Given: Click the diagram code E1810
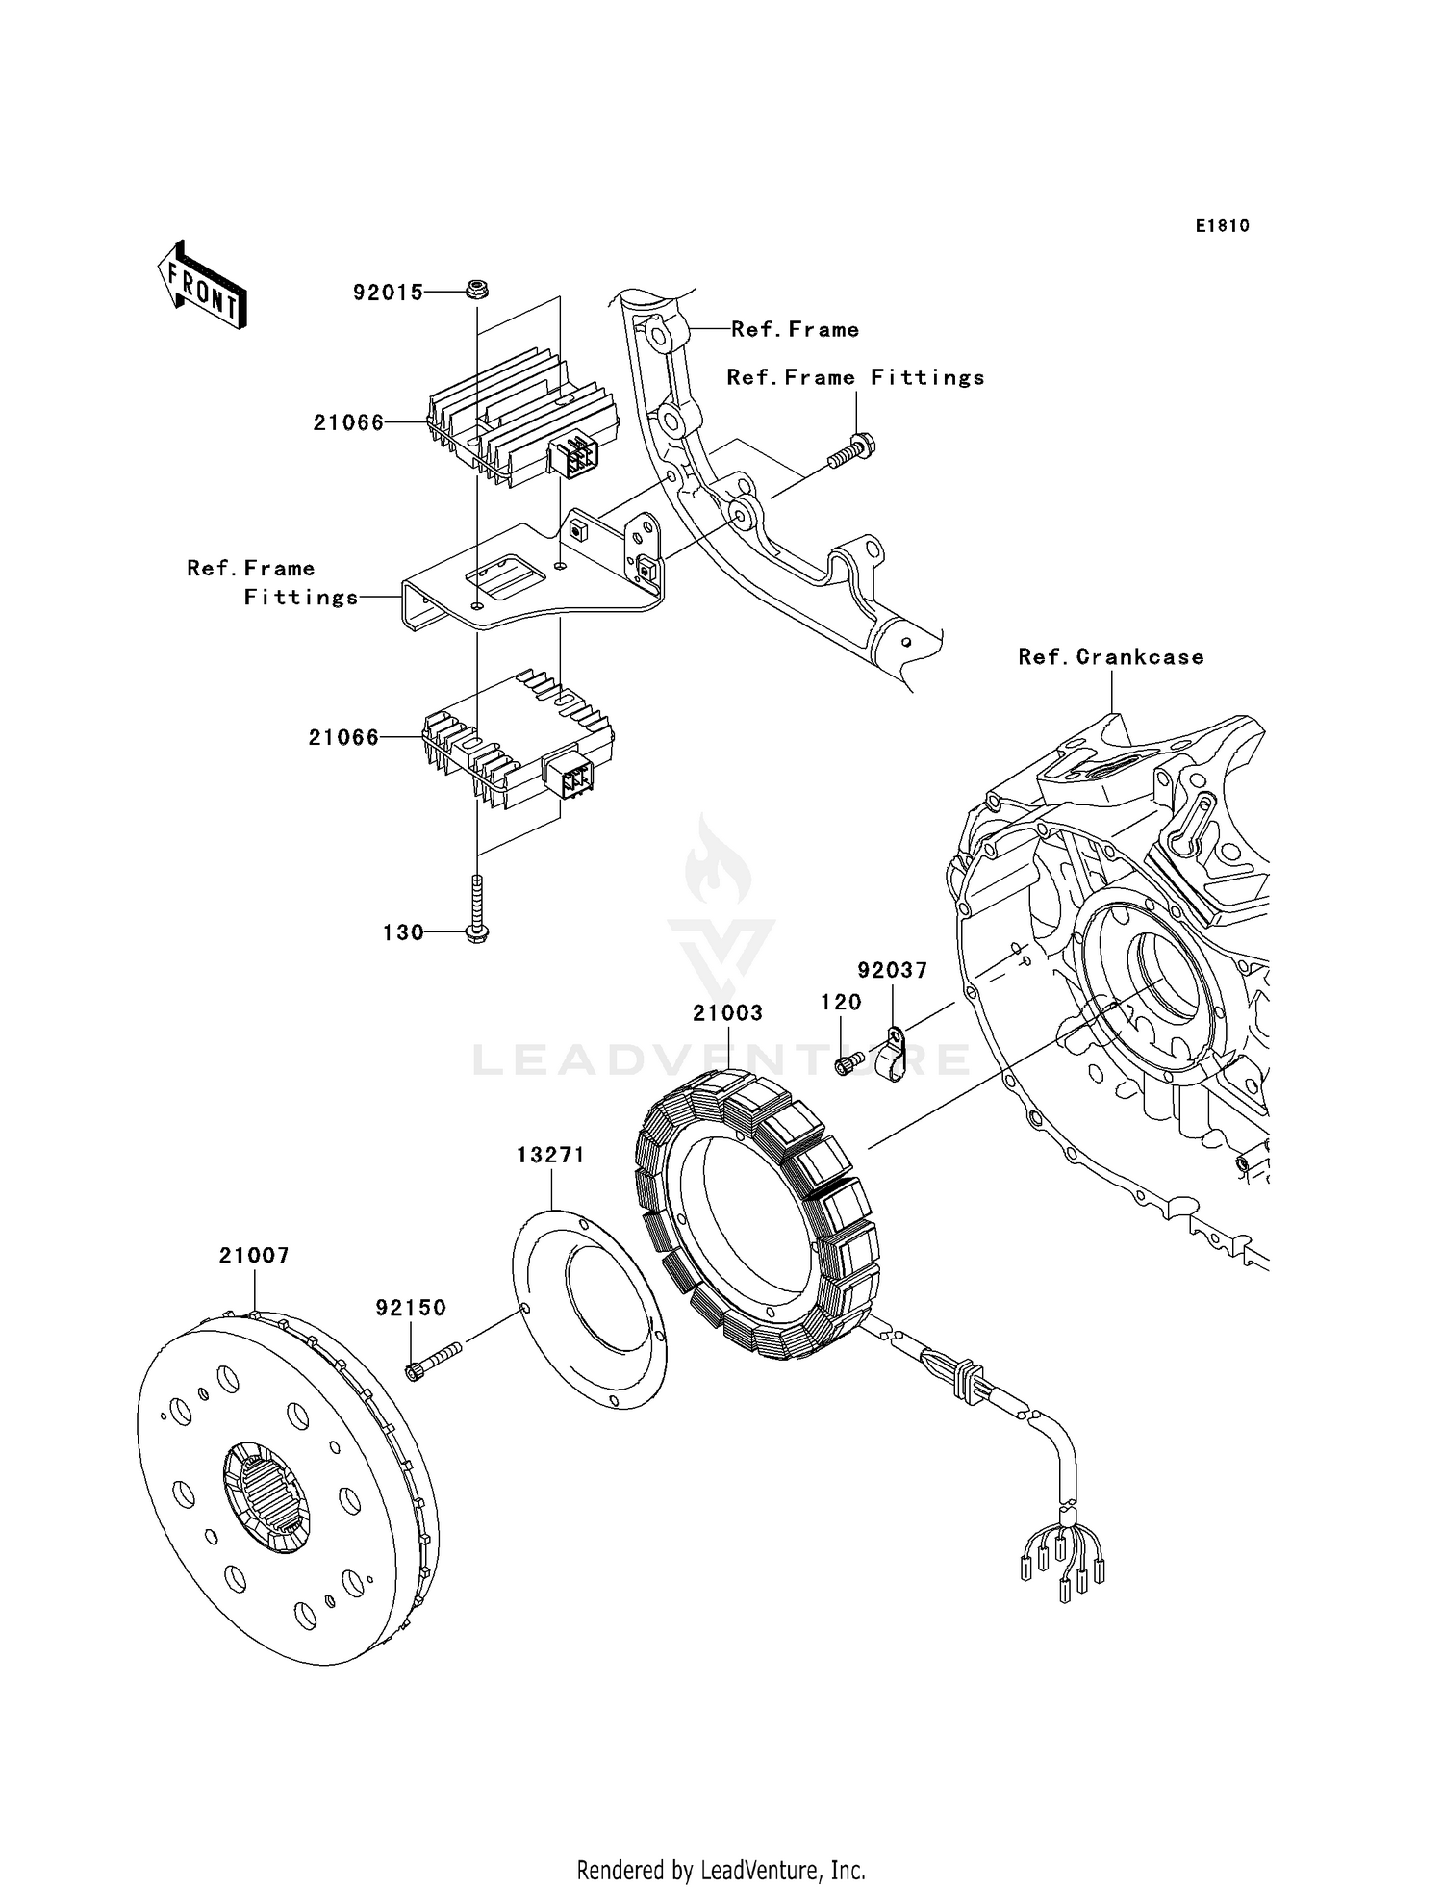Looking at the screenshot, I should [x=1222, y=226].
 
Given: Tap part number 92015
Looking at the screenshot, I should [x=388, y=292].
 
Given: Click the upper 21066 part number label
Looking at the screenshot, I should [x=348, y=422].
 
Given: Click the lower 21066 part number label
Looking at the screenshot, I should [x=343, y=737].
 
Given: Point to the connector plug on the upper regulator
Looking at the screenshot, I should [x=574, y=455].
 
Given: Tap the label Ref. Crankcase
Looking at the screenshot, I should [x=1110, y=656].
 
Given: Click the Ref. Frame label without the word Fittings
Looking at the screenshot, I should [x=795, y=329].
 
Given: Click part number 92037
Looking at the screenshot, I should [x=893, y=970].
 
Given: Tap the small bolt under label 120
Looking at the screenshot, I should [x=846, y=1064].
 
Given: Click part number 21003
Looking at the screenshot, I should [x=727, y=1012].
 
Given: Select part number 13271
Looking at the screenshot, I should [x=550, y=1155].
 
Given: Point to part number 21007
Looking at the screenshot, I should [x=254, y=1255].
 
